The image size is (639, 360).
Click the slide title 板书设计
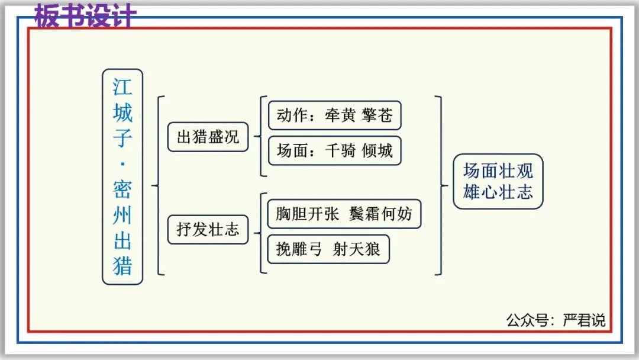(x=85, y=16)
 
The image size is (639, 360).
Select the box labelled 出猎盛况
(x=208, y=137)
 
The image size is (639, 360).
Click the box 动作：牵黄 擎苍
(x=334, y=115)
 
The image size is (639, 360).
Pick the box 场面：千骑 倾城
(x=334, y=150)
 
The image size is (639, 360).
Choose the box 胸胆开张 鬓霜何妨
(x=344, y=214)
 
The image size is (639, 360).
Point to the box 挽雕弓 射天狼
(x=328, y=249)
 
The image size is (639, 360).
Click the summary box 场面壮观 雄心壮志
(x=498, y=181)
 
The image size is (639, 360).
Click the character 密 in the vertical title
(x=122, y=189)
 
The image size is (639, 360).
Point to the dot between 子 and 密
(x=122, y=164)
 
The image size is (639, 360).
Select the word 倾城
(x=377, y=150)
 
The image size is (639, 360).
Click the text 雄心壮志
(x=498, y=192)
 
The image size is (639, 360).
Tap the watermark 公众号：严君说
(x=556, y=320)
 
